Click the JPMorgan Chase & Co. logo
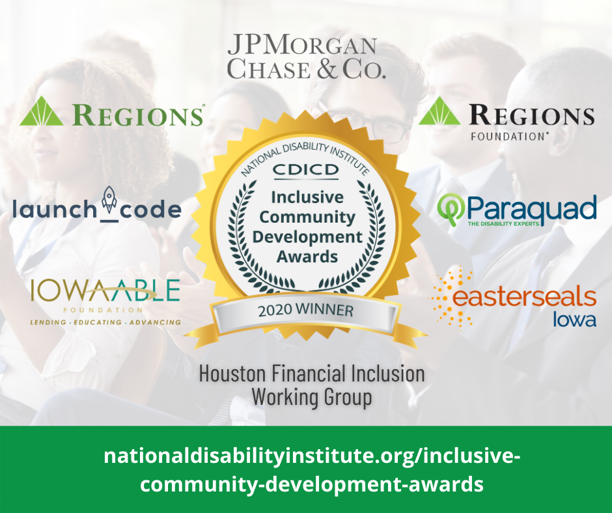click(x=307, y=57)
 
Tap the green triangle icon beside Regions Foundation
click(x=439, y=111)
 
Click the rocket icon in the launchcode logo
click(x=109, y=201)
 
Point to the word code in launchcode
click(x=150, y=210)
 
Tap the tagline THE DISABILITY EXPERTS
click(x=503, y=224)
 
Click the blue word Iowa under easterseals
click(x=574, y=320)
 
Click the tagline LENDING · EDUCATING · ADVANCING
click(x=105, y=322)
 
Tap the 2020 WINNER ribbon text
click(x=305, y=310)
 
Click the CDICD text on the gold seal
click(x=306, y=169)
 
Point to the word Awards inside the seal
click(x=307, y=257)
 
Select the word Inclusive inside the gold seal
click(x=307, y=197)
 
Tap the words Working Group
click(x=311, y=397)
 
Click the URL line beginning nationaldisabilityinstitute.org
click(x=312, y=456)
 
